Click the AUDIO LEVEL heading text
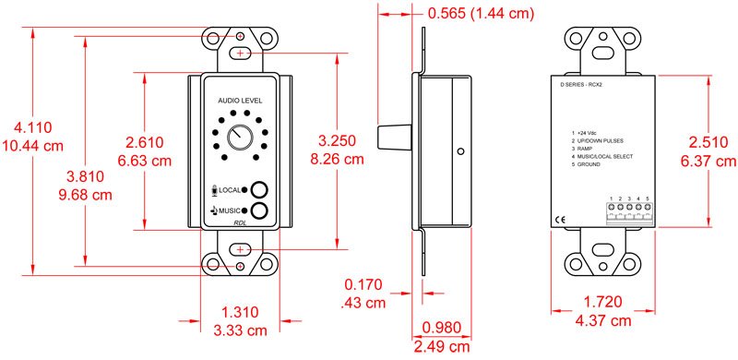click(240, 100)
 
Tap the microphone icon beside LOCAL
click(214, 189)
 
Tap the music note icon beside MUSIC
click(213, 210)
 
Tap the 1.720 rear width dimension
click(604, 302)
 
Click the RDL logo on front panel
click(240, 222)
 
